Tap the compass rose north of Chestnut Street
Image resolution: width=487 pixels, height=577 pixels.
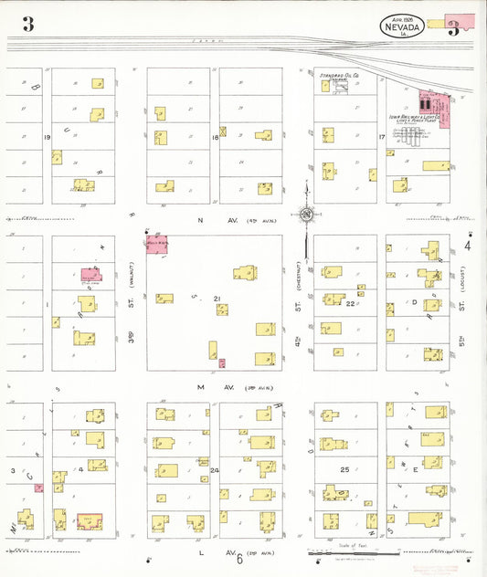pos(307,215)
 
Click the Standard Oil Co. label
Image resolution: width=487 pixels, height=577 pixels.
pos(339,77)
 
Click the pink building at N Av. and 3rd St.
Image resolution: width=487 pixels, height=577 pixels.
pos(157,244)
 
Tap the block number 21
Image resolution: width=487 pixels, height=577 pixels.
pos(217,299)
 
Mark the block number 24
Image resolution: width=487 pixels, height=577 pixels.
pos(215,470)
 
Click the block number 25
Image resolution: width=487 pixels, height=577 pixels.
pos(345,469)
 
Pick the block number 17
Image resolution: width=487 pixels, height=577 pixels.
pos(381,137)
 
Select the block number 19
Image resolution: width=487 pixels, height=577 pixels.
pos(46,137)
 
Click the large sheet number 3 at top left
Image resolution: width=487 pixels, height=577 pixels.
pos(28,25)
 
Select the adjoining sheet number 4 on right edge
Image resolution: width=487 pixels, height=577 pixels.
pos(467,246)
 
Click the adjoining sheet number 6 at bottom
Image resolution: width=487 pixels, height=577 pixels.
pos(240,560)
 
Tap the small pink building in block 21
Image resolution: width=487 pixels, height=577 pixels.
pos(222,363)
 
